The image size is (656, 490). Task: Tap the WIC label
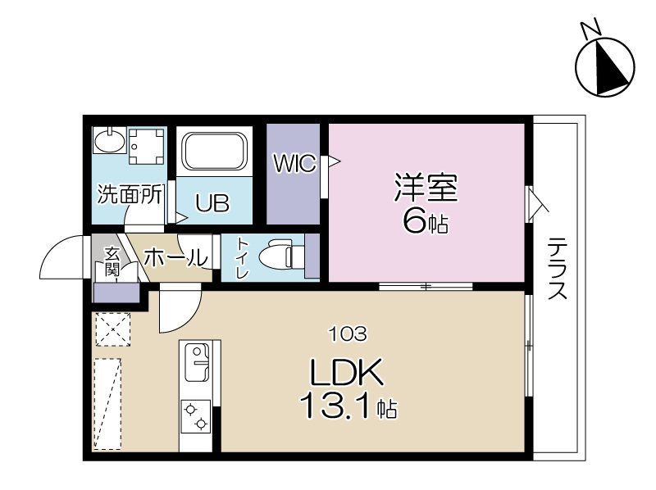point(294,164)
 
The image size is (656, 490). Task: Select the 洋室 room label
point(425,188)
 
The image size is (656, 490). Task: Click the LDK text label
point(346,374)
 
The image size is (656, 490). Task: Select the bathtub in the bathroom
point(213,152)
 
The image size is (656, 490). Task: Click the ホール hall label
point(175,257)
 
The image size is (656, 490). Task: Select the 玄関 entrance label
point(112,261)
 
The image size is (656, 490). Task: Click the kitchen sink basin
point(198,361)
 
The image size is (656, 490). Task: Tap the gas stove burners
point(198,417)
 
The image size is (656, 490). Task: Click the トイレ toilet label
point(243,258)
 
